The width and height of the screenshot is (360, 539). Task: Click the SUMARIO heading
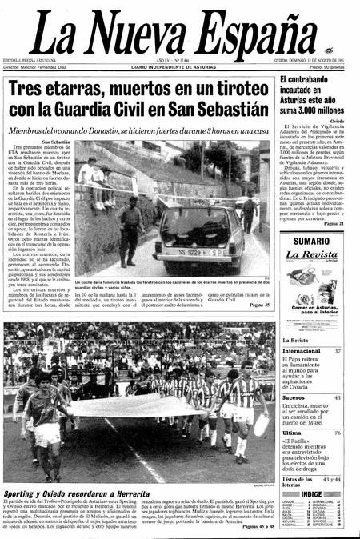[x=312, y=241]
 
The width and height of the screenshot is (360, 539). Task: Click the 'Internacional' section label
[x=302, y=351]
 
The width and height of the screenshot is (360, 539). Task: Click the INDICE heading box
[x=313, y=494]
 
